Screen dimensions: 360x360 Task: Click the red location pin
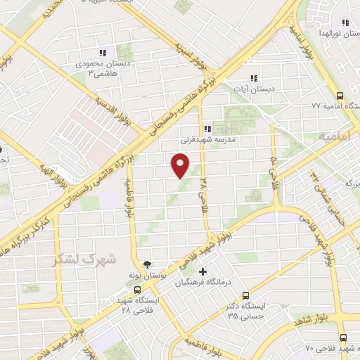(x=180, y=165)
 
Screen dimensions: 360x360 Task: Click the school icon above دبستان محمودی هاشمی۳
(x=103, y=53)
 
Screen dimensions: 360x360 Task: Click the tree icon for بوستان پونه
(x=146, y=265)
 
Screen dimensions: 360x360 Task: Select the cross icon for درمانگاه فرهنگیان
(x=203, y=271)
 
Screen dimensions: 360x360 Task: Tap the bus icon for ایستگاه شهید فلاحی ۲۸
(x=137, y=289)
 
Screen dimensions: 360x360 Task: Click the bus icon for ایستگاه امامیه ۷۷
(x=340, y=95)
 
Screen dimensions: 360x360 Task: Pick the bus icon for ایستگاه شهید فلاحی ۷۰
(x=342, y=337)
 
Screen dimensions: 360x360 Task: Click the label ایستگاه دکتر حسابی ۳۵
(x=243, y=311)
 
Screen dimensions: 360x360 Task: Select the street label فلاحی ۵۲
(x=274, y=167)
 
